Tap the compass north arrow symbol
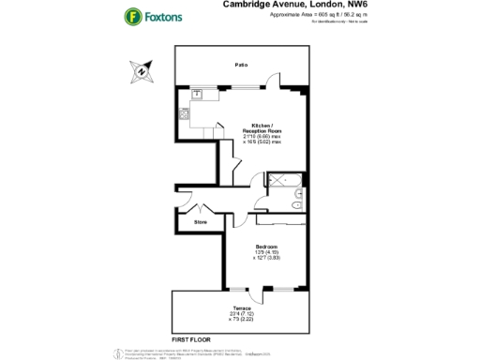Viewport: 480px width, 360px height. click(x=140, y=69)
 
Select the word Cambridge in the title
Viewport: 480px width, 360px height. click(x=247, y=5)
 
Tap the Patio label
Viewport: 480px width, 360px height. click(x=241, y=64)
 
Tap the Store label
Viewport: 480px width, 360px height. click(x=200, y=222)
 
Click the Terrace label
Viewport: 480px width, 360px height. click(x=241, y=307)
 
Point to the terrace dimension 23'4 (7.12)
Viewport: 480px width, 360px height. click(x=241, y=314)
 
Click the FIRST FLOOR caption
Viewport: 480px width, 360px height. click(x=190, y=336)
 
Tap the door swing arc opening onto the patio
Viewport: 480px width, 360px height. click(x=272, y=82)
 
